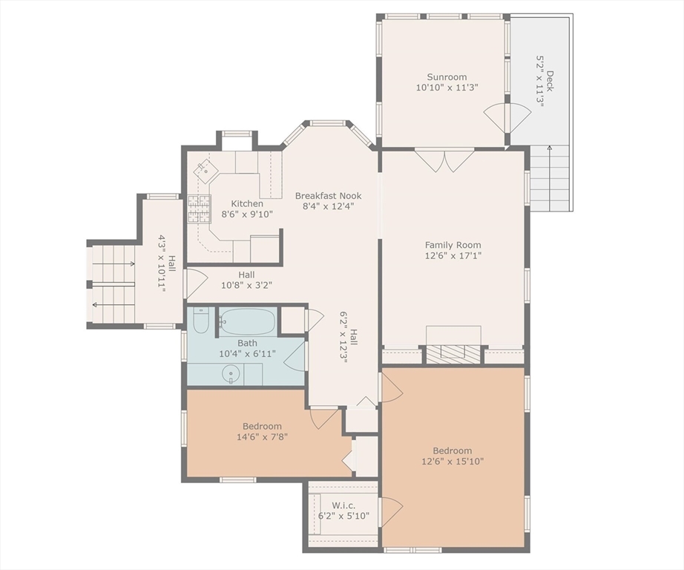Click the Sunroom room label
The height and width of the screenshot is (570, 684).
[447, 76]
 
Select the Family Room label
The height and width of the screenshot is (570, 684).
[453, 245]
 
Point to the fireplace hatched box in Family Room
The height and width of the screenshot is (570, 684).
[453, 354]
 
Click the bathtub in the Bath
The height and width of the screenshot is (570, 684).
[247, 321]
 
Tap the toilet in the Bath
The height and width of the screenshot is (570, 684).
[201, 321]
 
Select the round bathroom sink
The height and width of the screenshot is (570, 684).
[231, 375]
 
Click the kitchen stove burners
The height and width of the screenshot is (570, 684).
[200, 209]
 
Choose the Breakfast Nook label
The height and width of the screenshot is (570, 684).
[328, 195]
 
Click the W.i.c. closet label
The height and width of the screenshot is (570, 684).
[343, 505]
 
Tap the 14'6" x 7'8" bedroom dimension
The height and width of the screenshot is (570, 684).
[262, 436]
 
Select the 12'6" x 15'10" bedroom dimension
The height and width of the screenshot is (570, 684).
[453, 461]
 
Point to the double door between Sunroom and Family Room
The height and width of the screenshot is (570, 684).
[444, 160]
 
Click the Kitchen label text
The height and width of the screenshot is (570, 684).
[247, 203]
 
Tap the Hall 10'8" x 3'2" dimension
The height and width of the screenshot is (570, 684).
[246, 286]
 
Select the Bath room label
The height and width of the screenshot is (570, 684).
[247, 343]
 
